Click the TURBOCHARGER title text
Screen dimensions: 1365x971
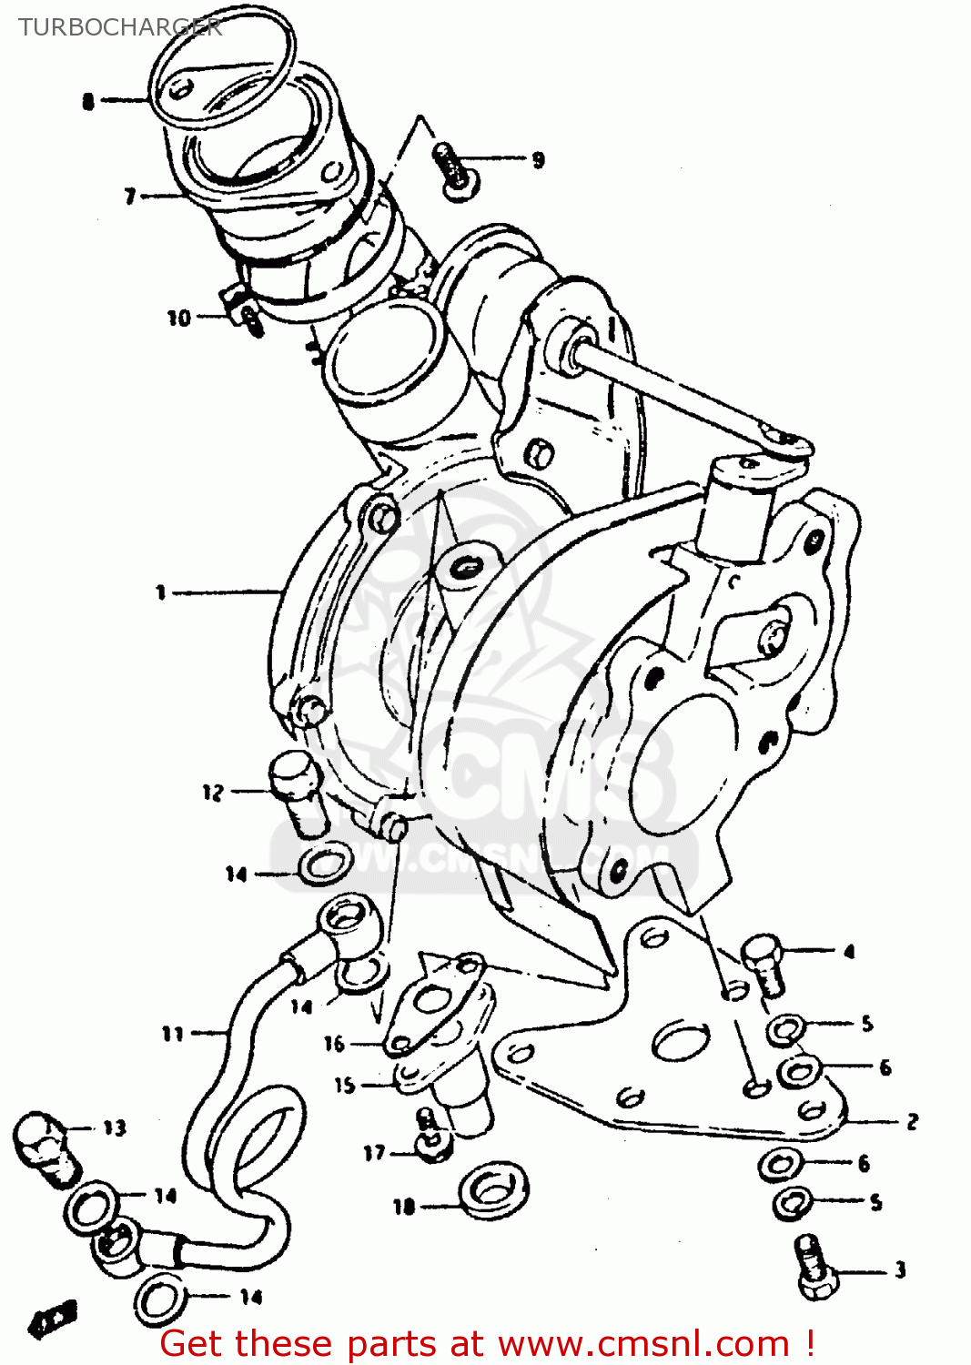pos(119,27)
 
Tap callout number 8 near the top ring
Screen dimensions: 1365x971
pos(88,101)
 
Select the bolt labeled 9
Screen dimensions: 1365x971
pos(452,168)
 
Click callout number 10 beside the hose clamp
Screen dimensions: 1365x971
pos(178,318)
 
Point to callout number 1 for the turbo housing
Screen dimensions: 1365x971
pos(161,592)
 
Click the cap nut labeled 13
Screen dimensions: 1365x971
pos(45,1147)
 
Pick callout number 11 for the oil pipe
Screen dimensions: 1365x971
pos(172,1034)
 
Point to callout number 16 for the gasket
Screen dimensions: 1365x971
pos(334,1044)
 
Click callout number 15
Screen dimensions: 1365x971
pos(344,1085)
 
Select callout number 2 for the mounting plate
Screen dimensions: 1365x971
pos(912,1121)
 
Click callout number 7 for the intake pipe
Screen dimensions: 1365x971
pos(130,196)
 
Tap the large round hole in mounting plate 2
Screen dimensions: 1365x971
pos(680,1039)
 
